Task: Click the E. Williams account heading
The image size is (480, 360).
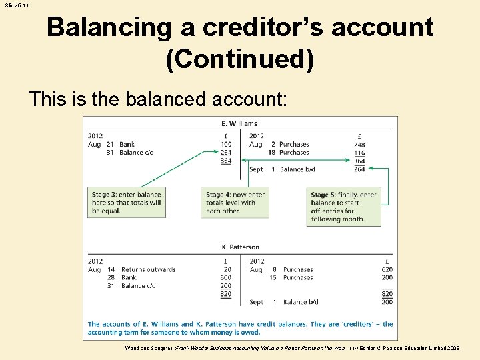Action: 239,123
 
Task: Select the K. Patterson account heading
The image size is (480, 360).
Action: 240,247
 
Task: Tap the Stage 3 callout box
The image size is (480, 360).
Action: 127,202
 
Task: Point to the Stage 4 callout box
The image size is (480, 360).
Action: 235,202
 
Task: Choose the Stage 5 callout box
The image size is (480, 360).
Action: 343,206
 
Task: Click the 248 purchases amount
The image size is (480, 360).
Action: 359,144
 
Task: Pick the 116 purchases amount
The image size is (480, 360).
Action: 359,153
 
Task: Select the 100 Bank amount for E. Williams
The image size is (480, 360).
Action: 226,144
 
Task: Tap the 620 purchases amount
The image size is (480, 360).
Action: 387,269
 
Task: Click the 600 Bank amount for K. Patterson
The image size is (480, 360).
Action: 226,277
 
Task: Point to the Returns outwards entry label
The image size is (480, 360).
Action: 148,269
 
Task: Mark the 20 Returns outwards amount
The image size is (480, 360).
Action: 228,269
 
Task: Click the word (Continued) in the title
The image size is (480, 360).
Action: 239,59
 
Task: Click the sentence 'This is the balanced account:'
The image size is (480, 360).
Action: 158,99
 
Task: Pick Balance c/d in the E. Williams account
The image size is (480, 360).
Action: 136,153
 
